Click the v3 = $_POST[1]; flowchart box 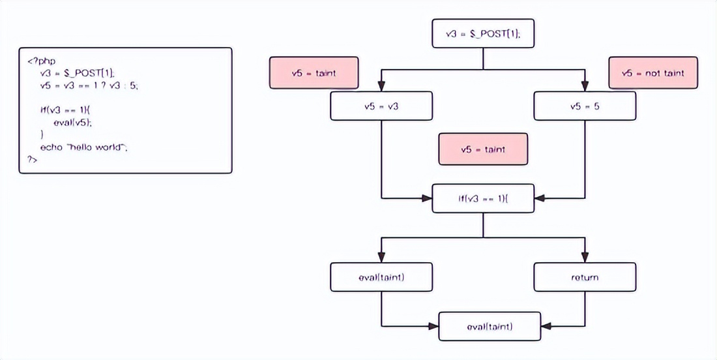tap(483, 34)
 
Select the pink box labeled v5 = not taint tap(652, 72)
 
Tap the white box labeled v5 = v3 tap(381, 106)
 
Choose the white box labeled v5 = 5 tap(585, 106)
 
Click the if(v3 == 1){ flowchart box tap(483, 198)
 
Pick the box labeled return tap(585, 277)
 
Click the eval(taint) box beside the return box tap(381, 277)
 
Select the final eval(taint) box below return tap(490, 326)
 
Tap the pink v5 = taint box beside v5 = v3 tap(314, 72)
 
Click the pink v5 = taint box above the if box tap(483, 149)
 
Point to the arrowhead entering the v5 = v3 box tap(381, 87)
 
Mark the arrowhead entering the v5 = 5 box tap(585, 87)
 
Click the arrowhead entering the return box tap(585, 258)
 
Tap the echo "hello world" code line tap(83, 147)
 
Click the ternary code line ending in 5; tap(89, 85)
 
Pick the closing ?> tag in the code tap(33, 159)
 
